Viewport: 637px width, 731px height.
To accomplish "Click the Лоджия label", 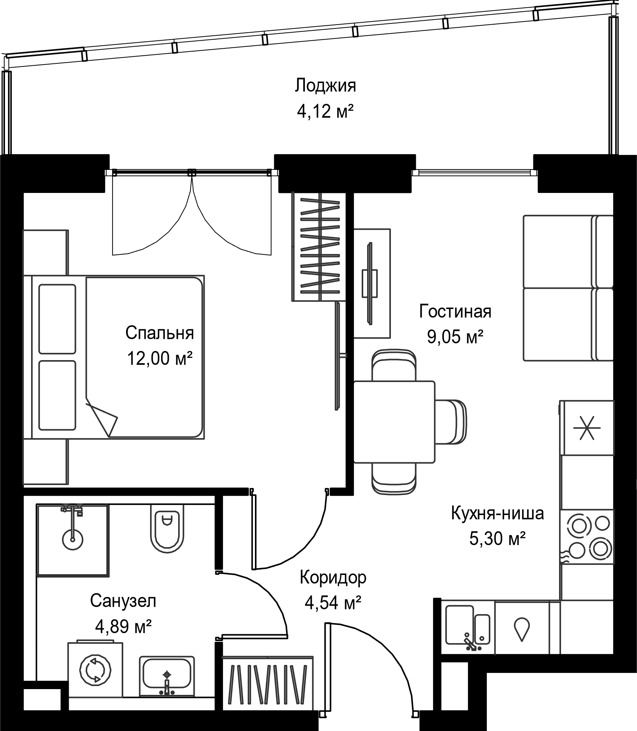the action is [x=325, y=86].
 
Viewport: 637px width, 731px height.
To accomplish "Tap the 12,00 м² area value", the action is [x=159, y=359].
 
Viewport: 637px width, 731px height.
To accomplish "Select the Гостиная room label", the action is [x=455, y=311].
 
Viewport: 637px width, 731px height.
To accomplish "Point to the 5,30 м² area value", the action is [x=497, y=539].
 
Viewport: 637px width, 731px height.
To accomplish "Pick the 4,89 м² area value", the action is [x=123, y=628].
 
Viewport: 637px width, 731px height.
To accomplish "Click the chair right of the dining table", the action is [x=451, y=422].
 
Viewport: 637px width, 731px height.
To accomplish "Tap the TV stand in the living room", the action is [x=372, y=284].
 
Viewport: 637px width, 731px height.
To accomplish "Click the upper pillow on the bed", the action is [x=57, y=319].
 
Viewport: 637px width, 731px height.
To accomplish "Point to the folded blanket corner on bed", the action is [x=102, y=418].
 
